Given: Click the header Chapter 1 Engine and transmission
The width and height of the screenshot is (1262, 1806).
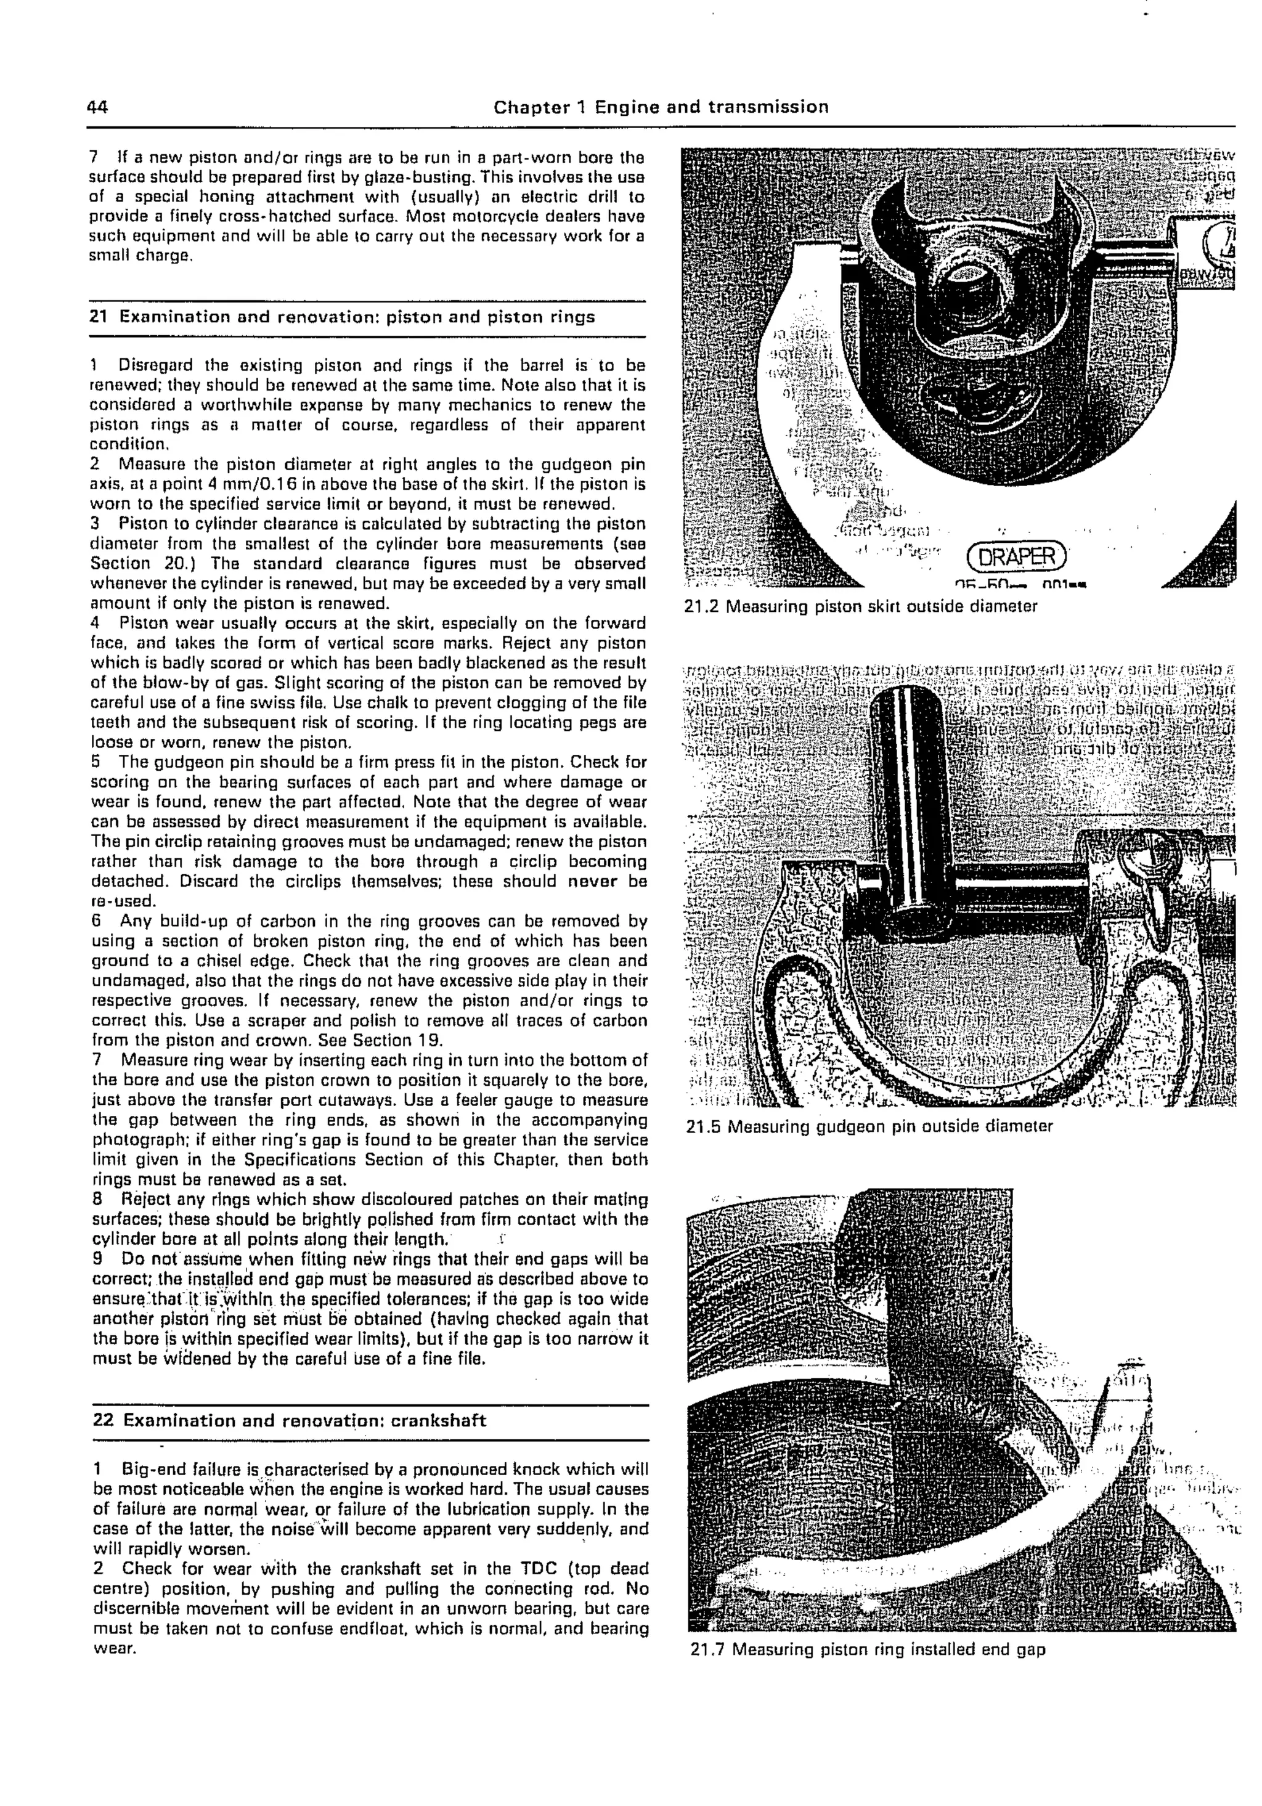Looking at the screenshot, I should pyautogui.click(x=661, y=107).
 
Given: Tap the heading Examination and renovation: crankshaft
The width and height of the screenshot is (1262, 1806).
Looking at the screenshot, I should pyautogui.click(x=304, y=1420).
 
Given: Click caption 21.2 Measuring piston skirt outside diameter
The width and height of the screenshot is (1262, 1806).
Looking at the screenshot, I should pyautogui.click(x=861, y=606).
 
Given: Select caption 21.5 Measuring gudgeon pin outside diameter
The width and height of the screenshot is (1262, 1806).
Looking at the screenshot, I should pyautogui.click(x=869, y=1126).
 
